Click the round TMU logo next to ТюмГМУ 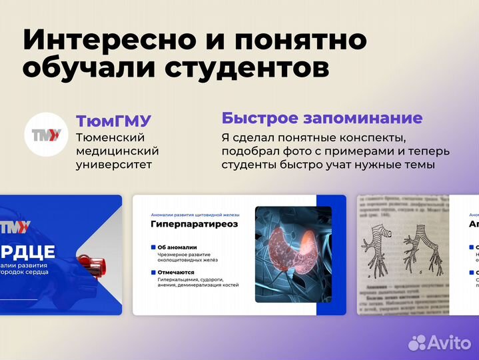[46, 135]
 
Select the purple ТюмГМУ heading [114, 121]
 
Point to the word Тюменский [111, 137]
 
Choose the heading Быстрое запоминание [322, 119]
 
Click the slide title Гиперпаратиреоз [194, 225]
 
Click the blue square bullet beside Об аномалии [153, 247]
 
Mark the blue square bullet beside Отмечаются [153, 272]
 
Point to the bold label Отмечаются [176, 272]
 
